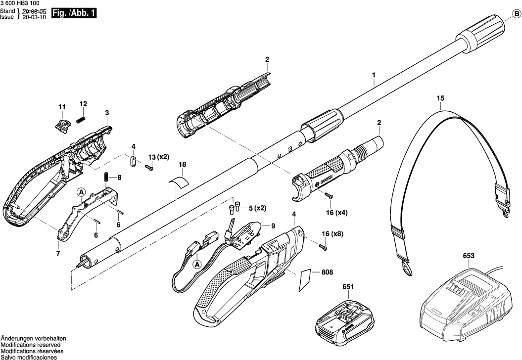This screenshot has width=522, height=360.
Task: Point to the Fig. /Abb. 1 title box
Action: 73,14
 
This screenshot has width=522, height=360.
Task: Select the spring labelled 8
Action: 106,176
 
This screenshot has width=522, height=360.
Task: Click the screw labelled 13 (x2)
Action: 148,168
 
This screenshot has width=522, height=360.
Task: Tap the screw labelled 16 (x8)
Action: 323,246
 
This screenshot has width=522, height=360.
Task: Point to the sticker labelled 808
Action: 305,280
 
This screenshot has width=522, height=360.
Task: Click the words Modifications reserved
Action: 30,345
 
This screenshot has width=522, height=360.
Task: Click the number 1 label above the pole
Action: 374,75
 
